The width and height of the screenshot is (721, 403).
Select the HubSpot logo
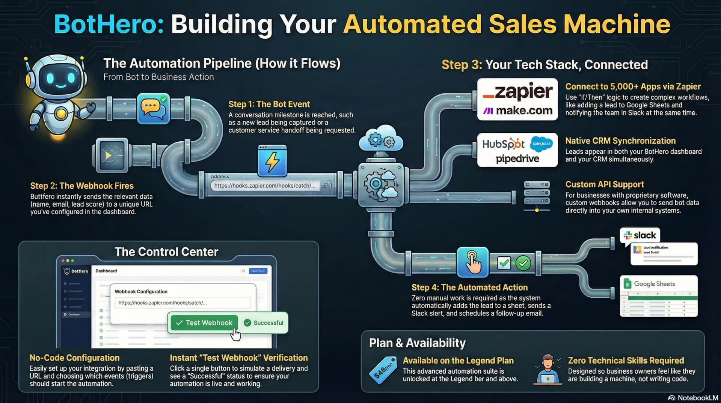tap(503, 144)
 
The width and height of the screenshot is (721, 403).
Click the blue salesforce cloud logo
tap(542, 144)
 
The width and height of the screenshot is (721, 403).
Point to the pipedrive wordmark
tap(517, 159)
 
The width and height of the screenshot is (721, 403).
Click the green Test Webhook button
tap(204, 323)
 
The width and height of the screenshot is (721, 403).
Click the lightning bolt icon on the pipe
tap(272, 161)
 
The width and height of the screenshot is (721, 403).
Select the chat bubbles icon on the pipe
tap(153, 109)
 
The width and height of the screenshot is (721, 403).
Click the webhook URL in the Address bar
tap(265, 186)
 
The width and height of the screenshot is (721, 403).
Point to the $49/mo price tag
tap(383, 370)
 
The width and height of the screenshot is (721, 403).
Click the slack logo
tap(640, 236)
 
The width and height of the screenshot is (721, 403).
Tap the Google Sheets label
tap(654, 284)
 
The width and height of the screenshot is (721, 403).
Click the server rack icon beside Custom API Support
tap(537, 195)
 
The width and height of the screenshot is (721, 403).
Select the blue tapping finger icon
tap(472, 262)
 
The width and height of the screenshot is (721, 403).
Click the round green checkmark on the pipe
tap(523, 263)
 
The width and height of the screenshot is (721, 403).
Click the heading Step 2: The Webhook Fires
tap(82, 186)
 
